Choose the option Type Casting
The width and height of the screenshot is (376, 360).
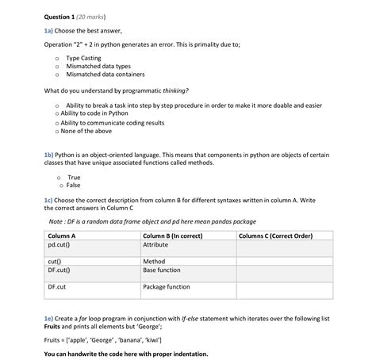point(83,58)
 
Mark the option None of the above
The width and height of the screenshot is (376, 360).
point(85,132)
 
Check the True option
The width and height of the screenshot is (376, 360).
point(74,177)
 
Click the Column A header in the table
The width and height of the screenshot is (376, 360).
point(62,236)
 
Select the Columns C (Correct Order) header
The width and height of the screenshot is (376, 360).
point(275,236)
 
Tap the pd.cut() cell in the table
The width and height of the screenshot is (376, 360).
point(59,245)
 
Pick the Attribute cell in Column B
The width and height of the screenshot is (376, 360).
point(155,245)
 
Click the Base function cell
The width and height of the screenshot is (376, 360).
point(162,270)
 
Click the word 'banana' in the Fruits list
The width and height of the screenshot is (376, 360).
point(132,339)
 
